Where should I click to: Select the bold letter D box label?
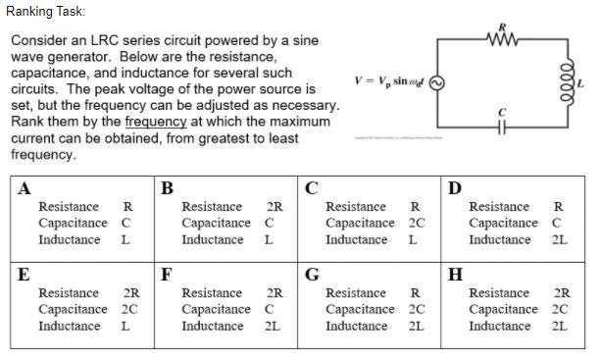453,189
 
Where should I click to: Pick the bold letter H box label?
454,275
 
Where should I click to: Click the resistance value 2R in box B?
275,207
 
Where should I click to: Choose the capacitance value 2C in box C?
416,224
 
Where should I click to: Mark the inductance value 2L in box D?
559,240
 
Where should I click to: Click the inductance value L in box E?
125,327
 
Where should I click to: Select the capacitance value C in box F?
269,310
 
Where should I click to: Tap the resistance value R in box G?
415,293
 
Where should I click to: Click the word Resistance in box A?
68,207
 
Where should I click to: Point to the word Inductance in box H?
499,327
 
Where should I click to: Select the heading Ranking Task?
45,12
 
